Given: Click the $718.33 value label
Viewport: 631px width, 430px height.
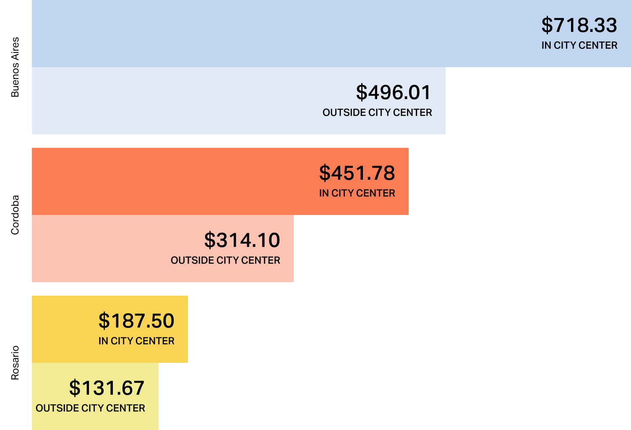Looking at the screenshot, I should tap(579, 25).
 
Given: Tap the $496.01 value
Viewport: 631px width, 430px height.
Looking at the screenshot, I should tap(394, 92).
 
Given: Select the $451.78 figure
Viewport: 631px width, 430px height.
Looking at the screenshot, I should tap(357, 173).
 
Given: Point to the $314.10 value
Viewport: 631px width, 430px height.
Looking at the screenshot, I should tap(242, 240).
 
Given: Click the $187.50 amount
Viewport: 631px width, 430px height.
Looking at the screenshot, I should tap(136, 321).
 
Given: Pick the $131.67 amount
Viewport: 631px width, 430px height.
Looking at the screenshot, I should tap(107, 388).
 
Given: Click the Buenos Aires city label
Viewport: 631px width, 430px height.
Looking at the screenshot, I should tap(15, 67).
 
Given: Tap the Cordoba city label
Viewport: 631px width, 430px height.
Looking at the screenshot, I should tap(15, 215).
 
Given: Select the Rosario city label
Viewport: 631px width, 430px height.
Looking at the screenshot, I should tap(15, 363).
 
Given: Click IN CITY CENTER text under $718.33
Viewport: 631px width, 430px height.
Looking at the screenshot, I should tap(579, 45).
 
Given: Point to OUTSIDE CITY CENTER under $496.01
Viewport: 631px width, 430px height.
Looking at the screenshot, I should tap(377, 113).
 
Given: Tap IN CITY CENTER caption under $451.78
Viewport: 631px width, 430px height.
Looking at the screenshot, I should tap(357, 193).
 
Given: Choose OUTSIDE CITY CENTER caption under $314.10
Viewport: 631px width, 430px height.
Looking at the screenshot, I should tap(225, 260).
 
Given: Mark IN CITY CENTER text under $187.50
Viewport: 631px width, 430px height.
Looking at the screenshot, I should tap(136, 341).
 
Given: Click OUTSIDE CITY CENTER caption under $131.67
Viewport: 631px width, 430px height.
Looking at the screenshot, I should tap(90, 408).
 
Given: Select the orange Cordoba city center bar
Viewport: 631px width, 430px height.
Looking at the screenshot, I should tap(168, 181).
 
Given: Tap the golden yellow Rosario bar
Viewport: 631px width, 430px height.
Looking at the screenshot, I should tap(63, 329).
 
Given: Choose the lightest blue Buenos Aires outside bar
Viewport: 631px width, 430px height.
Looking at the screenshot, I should tap(168, 101).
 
